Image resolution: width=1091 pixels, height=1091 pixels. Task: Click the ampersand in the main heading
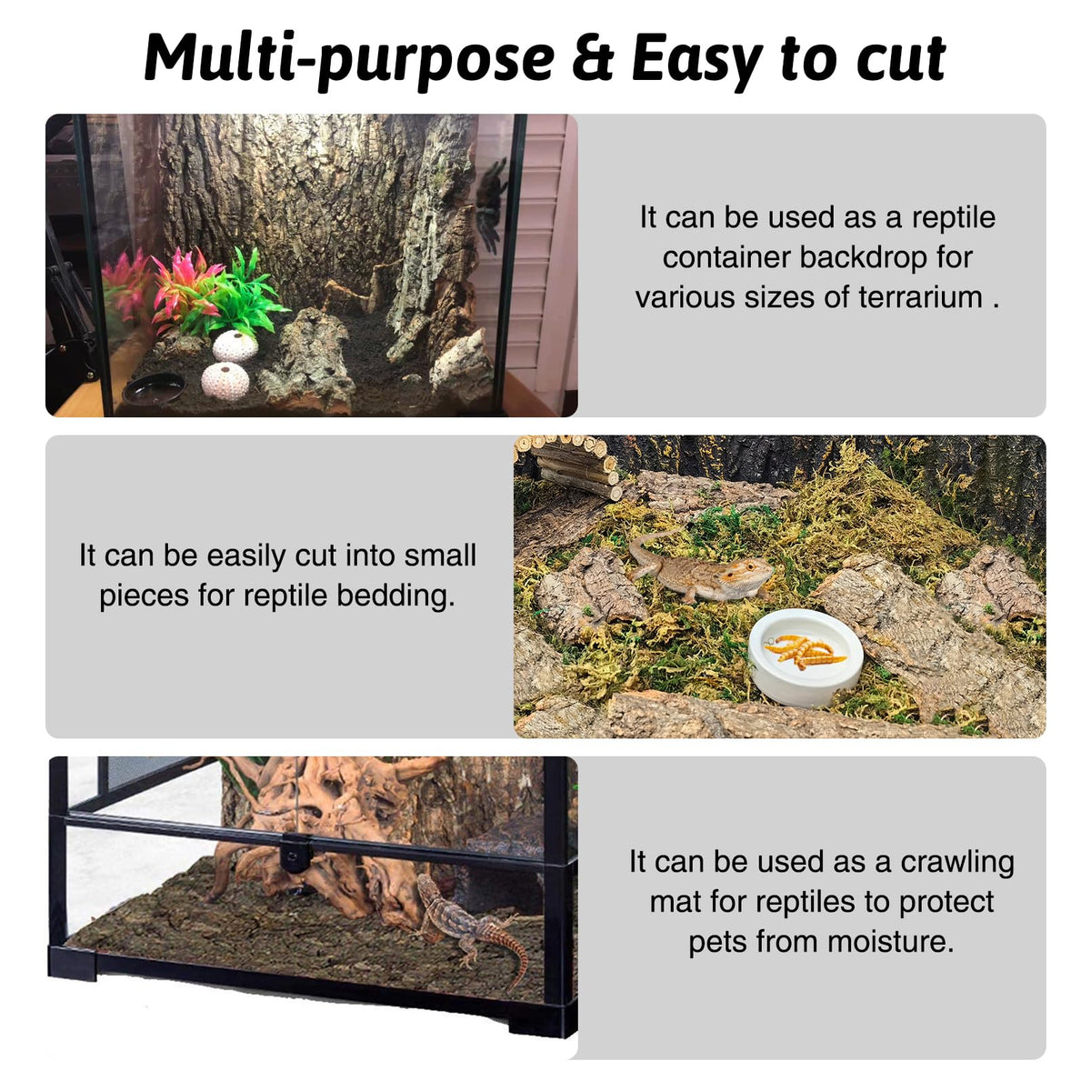[x=593, y=59]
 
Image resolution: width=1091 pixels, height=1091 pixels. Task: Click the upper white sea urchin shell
[x=235, y=345]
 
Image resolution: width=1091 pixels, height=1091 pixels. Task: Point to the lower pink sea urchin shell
[x=225, y=382]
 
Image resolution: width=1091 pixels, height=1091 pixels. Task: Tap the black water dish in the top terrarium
[x=154, y=388]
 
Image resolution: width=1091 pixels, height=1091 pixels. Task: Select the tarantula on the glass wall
[x=491, y=206]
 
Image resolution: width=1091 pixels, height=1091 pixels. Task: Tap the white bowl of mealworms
[x=806, y=657]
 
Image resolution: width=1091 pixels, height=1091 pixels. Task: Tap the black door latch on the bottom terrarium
[x=295, y=855]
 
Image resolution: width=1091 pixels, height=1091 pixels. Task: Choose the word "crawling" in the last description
[x=957, y=865]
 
